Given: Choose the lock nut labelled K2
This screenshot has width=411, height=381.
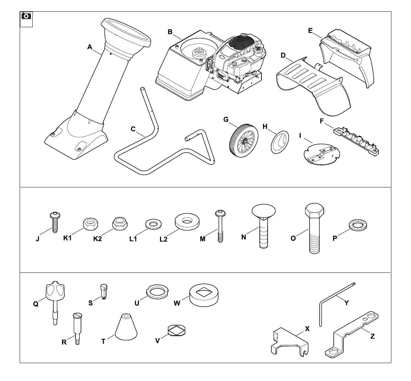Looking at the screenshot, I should (120, 224).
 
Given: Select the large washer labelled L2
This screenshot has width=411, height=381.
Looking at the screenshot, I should (187, 222).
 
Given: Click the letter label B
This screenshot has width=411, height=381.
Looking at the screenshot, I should (170, 32).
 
